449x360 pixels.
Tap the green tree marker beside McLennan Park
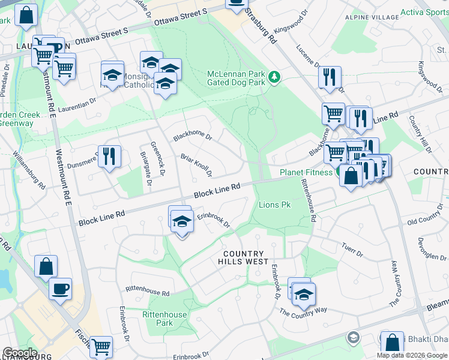coord(274,76)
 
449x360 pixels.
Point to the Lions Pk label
coord(274,205)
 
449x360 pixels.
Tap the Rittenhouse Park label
coord(164,319)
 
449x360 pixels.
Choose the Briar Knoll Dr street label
coord(196,166)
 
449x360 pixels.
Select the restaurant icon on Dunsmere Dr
coord(109,157)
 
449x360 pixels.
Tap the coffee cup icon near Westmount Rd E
coord(60,289)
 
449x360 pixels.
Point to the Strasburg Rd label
coord(262,25)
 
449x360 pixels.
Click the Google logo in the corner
coord(20,353)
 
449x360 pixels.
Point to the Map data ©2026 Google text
coord(412,355)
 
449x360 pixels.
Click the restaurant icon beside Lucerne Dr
coord(330,77)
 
